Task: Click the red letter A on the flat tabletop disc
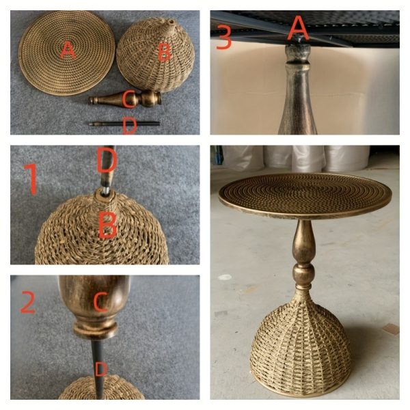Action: (67, 50)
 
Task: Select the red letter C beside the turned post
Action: (128, 100)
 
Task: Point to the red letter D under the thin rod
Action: (129, 125)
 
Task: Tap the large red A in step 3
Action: (298, 29)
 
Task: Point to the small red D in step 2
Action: (100, 370)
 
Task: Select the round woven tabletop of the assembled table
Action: (305, 195)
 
